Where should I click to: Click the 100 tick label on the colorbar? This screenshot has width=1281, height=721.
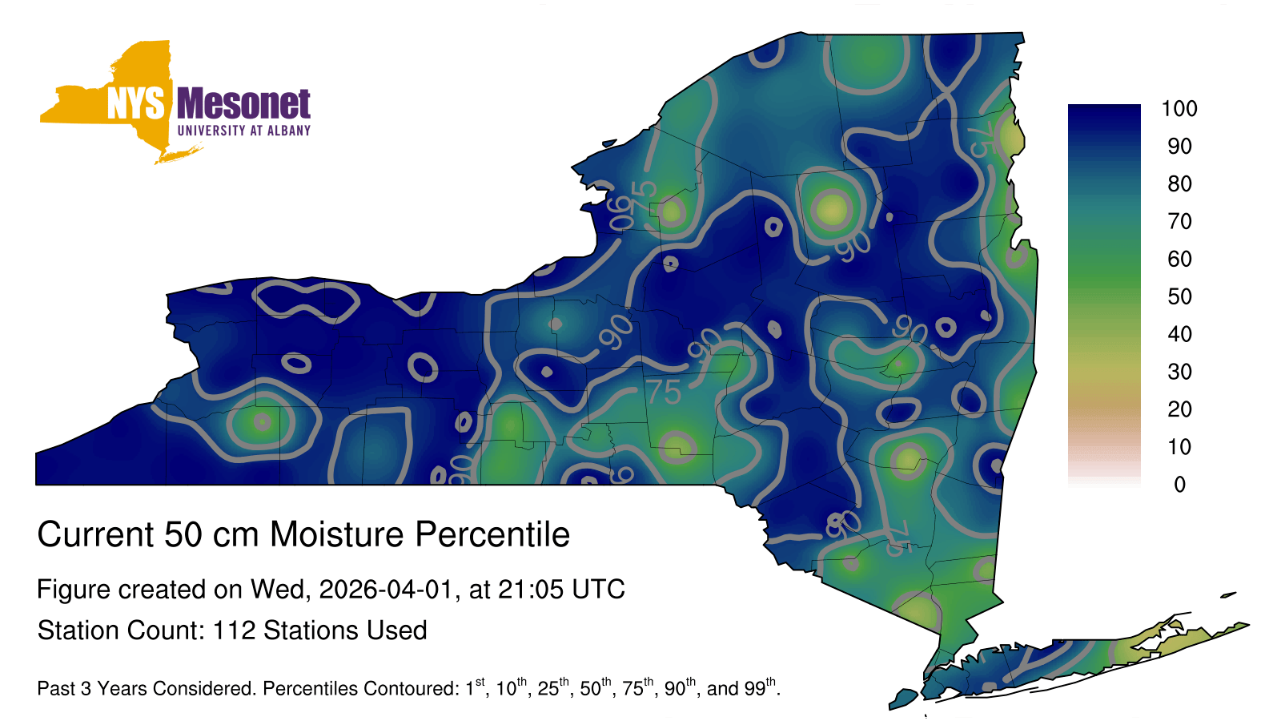pos(1179,109)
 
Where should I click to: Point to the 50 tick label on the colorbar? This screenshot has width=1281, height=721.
pos(1179,296)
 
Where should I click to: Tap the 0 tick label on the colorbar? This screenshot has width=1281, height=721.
pos(1179,485)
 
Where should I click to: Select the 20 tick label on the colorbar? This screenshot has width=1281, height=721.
pos(1179,409)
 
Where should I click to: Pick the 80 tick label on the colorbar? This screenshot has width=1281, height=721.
pos(1179,183)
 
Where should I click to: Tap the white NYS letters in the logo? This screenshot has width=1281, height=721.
pos(136,103)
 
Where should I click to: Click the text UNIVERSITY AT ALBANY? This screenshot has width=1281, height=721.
pos(244,131)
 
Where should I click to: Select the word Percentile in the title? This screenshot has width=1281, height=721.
pos(492,534)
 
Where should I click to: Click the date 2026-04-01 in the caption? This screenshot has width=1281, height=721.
pos(385,590)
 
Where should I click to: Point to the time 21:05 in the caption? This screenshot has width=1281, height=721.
pos(531,590)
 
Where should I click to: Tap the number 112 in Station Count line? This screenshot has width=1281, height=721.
pos(234,630)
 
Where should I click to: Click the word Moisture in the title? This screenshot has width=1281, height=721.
pos(337,534)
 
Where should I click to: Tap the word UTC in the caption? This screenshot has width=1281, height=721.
pos(599,590)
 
